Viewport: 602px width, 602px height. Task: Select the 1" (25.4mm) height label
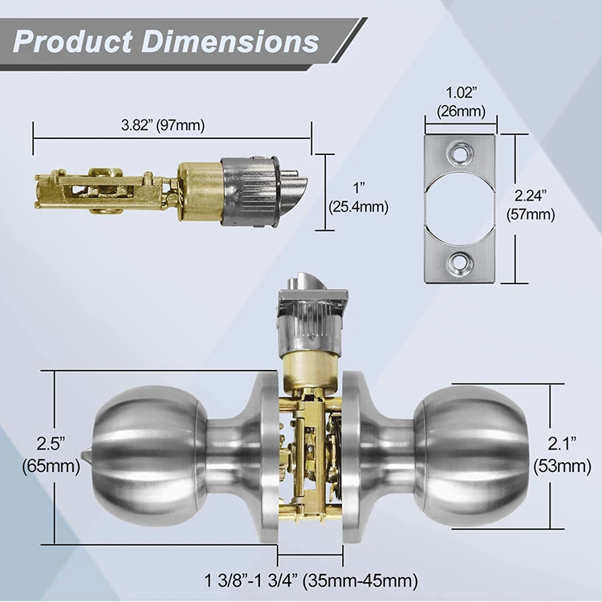[x=358, y=197]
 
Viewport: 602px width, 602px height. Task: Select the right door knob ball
[x=474, y=454]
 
